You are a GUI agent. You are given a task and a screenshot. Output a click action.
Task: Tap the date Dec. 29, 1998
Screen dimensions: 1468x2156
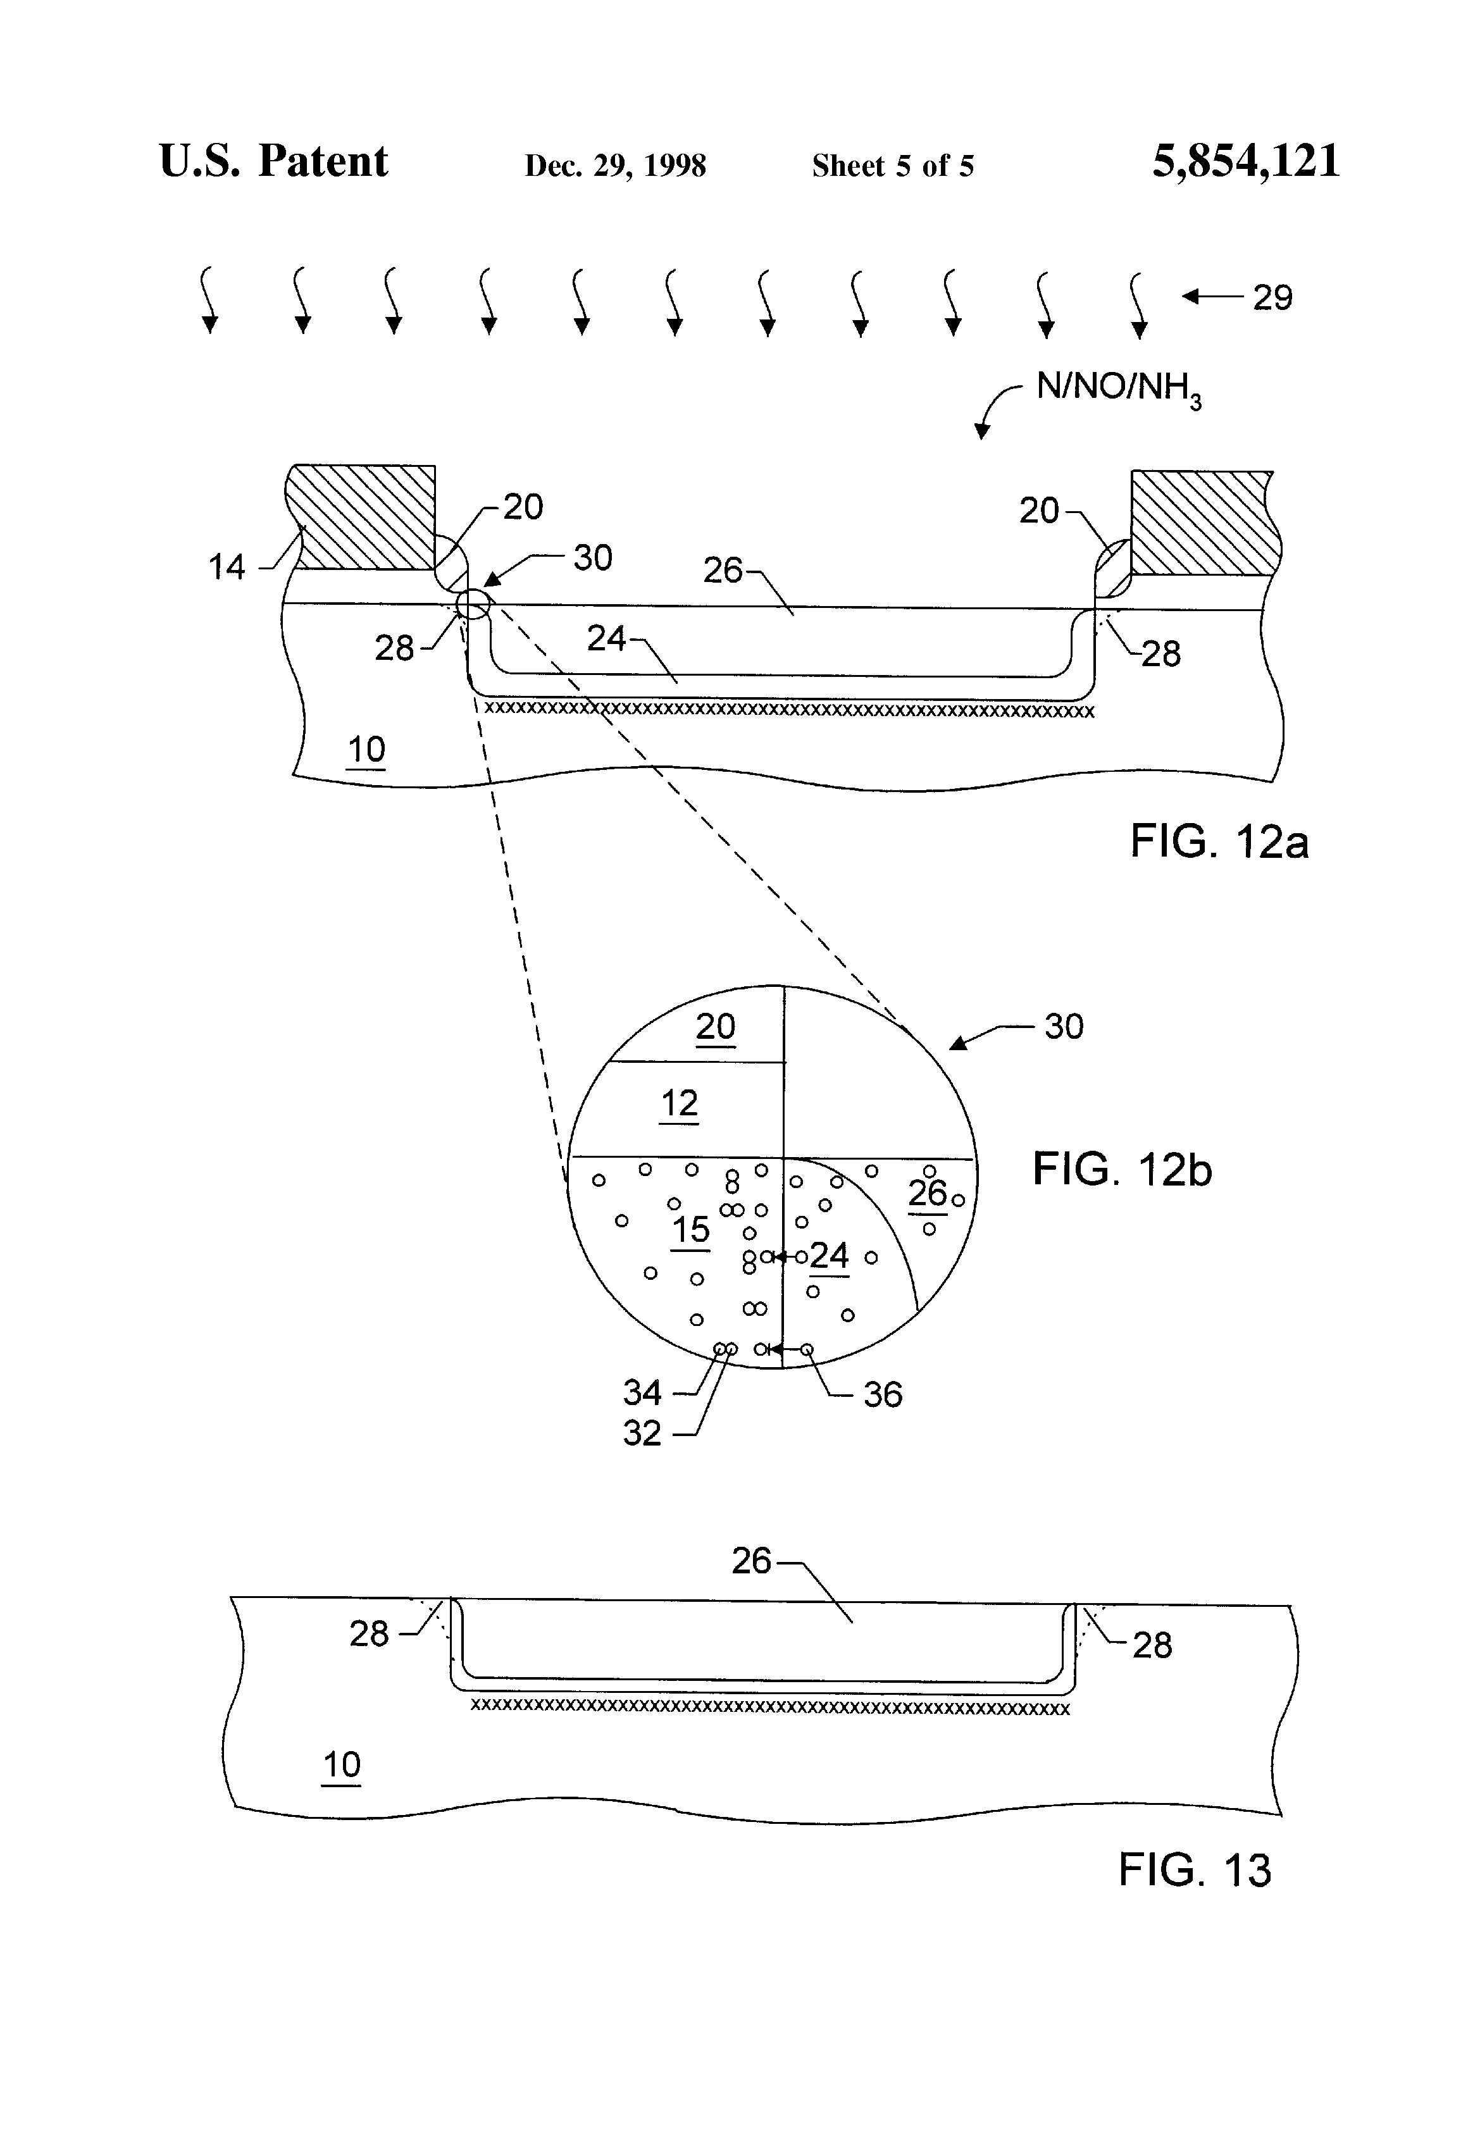click(x=615, y=166)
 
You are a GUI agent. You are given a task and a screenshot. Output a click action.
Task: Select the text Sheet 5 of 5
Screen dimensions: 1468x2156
click(x=893, y=166)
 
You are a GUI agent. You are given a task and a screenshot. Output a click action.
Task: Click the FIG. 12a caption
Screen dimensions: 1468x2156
click(x=1219, y=841)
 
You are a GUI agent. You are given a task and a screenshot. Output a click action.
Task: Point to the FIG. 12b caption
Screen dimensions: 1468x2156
click(x=1122, y=1169)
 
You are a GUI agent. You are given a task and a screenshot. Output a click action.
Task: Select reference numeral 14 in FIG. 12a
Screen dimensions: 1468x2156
click(x=227, y=567)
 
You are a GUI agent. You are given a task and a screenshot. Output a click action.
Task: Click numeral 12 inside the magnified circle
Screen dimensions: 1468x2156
click(x=679, y=1104)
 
